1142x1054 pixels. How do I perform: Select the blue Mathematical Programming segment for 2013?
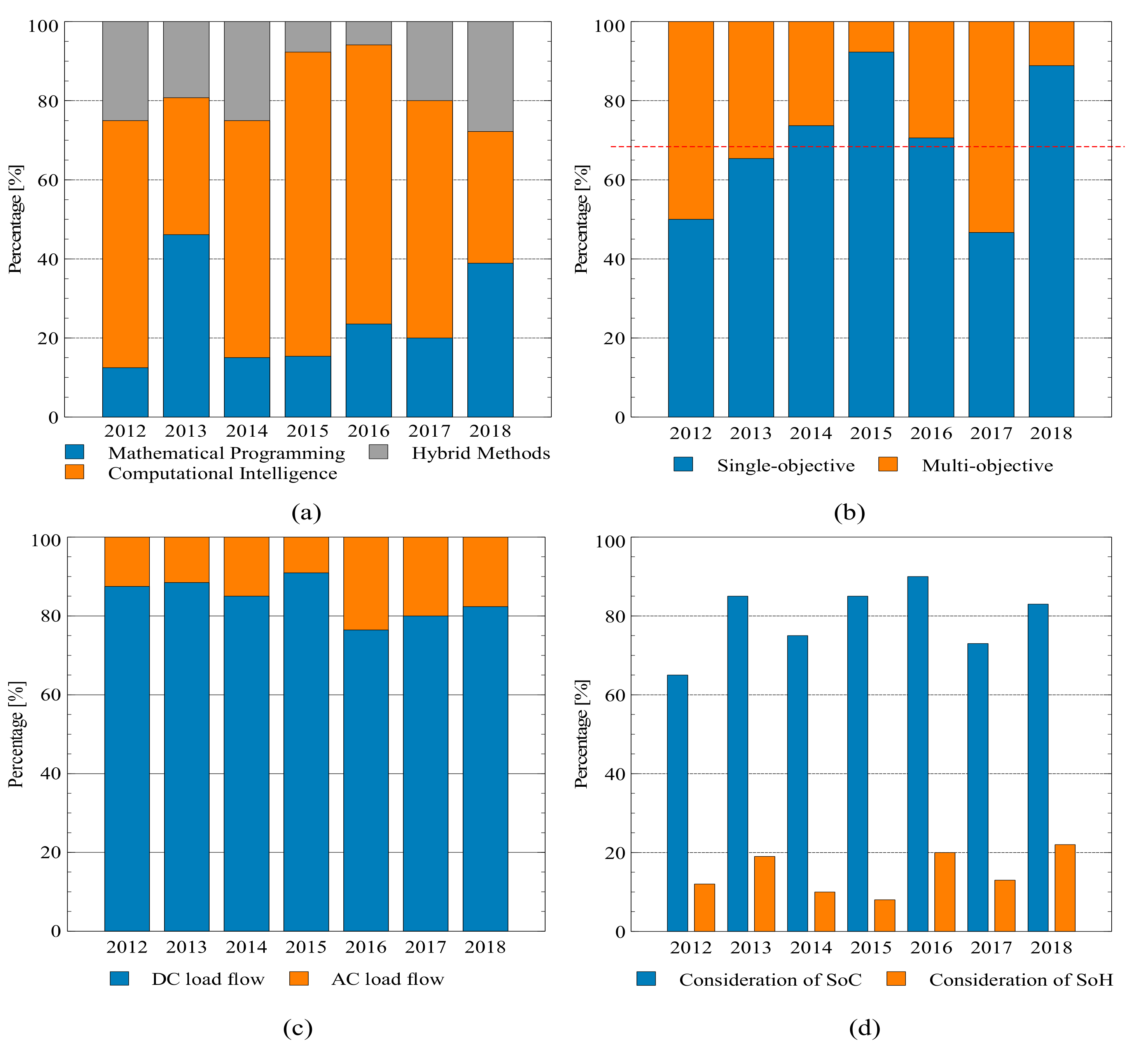click(x=186, y=325)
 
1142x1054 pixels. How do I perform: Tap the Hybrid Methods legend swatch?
click(x=378, y=452)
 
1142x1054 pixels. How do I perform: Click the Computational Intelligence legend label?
click(x=222, y=474)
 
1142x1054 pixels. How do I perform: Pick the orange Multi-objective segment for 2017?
click(x=991, y=127)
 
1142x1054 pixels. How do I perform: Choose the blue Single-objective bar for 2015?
click(x=871, y=234)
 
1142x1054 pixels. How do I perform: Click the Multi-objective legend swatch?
click(x=887, y=465)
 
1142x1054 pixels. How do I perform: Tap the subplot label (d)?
click(x=865, y=1028)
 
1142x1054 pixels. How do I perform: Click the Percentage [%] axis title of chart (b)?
click(x=582, y=220)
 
